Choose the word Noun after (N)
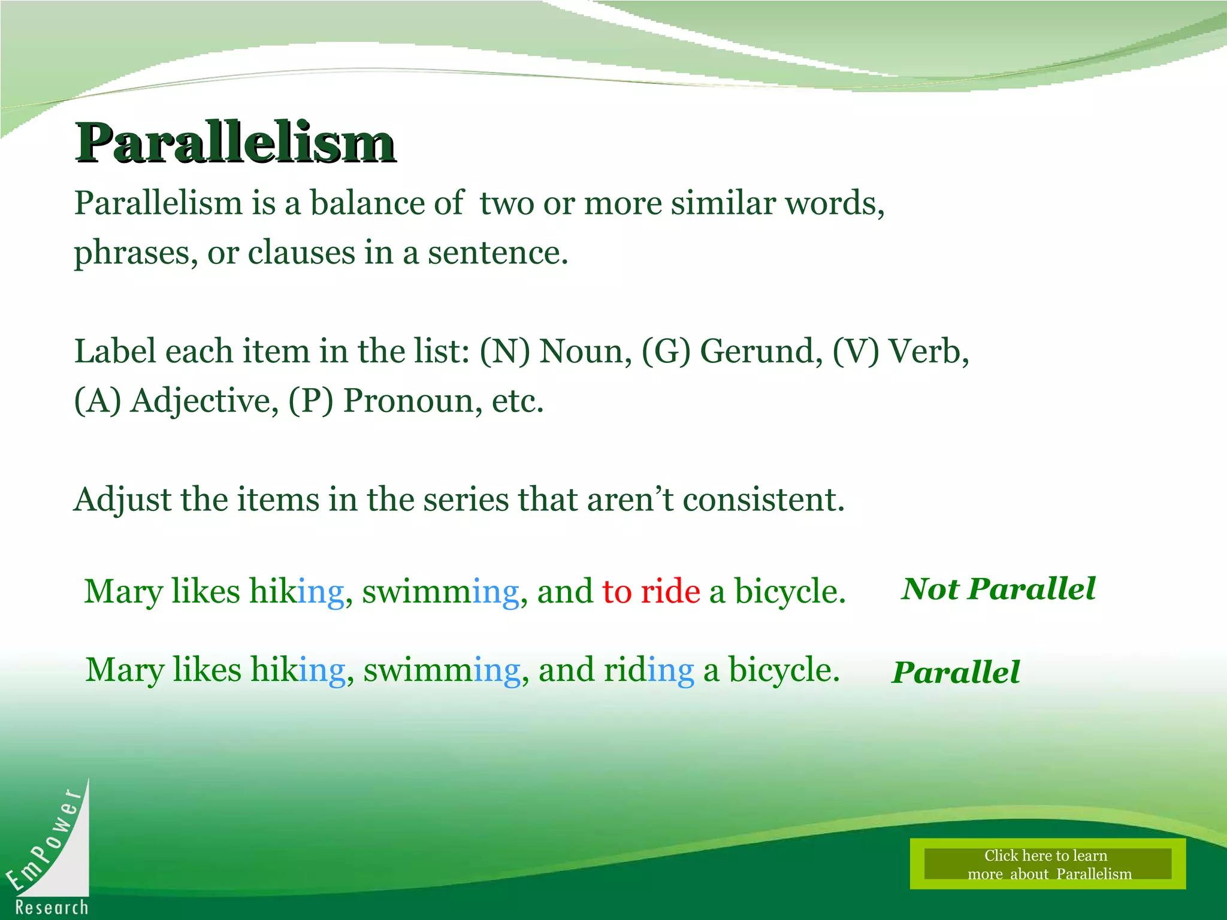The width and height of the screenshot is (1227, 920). pos(585,351)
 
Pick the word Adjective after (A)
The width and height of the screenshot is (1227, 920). pos(204,401)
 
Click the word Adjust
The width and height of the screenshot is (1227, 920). pos(123,500)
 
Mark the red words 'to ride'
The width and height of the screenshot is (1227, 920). pos(651,592)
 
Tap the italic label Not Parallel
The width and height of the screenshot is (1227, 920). pos(998,589)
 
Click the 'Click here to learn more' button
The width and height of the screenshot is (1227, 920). pos(1047,864)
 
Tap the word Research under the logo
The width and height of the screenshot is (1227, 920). pos(52,907)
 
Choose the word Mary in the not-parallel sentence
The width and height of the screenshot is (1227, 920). pos(123,592)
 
